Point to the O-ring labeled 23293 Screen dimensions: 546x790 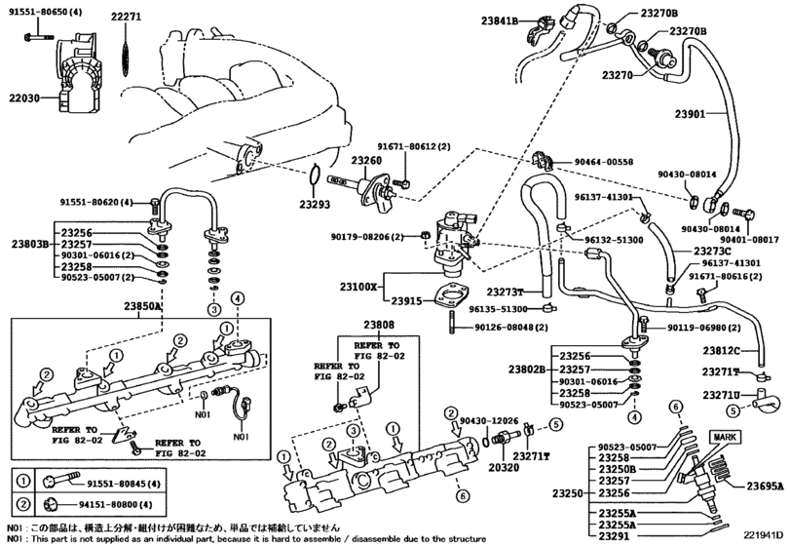tap(315, 179)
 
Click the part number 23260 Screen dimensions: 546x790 tap(366, 160)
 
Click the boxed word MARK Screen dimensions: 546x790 tap(724, 438)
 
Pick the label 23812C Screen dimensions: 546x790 tap(722, 350)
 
